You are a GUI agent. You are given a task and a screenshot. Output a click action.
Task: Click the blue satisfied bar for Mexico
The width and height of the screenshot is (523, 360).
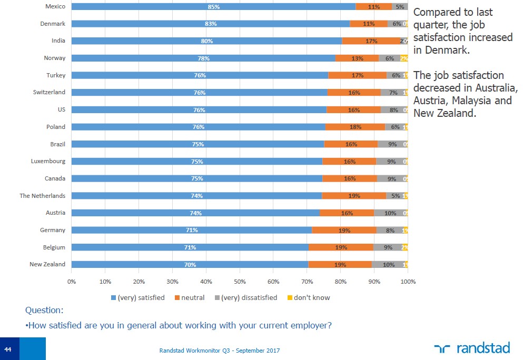coord(213,7)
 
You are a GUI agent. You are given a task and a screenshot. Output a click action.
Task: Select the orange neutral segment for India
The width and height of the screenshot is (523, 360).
coord(371,41)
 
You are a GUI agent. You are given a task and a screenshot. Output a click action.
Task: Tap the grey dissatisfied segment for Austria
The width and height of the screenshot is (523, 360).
coord(390,213)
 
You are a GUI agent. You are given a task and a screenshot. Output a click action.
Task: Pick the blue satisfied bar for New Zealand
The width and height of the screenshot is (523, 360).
coord(190,265)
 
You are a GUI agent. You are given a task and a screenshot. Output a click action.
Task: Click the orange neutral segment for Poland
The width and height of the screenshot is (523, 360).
coord(355,127)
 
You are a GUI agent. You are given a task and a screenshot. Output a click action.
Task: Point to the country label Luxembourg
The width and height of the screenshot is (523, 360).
coord(48,162)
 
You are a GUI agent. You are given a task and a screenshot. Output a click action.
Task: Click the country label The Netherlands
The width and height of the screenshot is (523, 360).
coord(43,196)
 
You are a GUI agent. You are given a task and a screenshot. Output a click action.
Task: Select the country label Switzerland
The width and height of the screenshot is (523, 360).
coord(49,92)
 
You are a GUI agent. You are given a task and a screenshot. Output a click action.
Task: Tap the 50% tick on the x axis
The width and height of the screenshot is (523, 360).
coord(240,282)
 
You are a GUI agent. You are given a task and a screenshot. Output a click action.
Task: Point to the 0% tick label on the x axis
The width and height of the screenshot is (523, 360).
coord(72,282)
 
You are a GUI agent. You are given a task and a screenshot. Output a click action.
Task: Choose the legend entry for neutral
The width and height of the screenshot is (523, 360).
coord(189,298)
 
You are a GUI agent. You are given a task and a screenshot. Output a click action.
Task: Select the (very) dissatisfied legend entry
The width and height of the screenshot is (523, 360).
coord(246,298)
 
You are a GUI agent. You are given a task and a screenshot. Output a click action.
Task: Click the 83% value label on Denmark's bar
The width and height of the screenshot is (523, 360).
coord(211,24)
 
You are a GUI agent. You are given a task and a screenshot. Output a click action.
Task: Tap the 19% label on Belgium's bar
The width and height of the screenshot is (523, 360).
coord(341,247)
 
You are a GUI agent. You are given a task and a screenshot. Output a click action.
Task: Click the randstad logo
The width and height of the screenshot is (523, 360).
coord(472,348)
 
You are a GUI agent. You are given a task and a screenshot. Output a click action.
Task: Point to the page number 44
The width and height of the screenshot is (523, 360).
coord(8,349)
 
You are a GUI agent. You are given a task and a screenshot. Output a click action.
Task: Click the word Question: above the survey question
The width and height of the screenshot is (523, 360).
coord(44,311)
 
